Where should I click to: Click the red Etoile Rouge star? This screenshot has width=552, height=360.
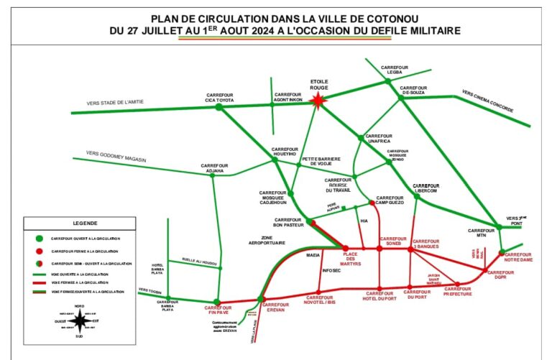(x=318, y=101)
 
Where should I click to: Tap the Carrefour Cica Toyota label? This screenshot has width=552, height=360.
(x=221, y=97)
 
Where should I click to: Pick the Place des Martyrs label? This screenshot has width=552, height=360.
(x=351, y=259)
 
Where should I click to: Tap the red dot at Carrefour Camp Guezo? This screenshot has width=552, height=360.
(x=372, y=203)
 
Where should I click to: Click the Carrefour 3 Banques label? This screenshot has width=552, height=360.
(x=425, y=244)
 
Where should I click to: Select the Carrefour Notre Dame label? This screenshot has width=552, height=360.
(x=519, y=257)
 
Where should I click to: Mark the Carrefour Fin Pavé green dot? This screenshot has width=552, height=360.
(x=216, y=303)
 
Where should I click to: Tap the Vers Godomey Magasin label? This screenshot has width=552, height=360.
(x=116, y=156)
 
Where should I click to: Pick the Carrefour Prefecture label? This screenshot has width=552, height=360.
(x=457, y=292)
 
